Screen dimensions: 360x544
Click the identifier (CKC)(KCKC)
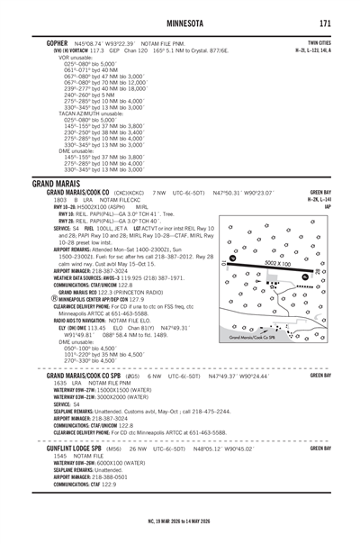click(x=131, y=193)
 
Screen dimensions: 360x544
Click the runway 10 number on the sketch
click(x=233, y=258)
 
